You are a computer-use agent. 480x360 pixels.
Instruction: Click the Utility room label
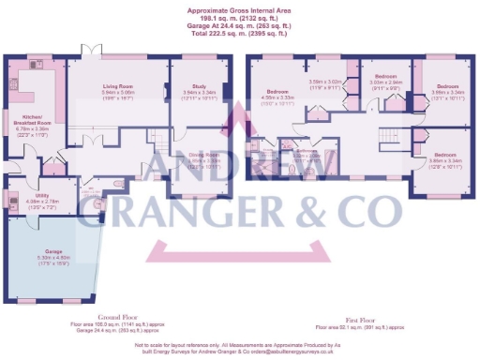pyautogui.click(x=29, y=195)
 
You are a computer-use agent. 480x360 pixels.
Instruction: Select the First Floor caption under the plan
pyautogui.click(x=359, y=318)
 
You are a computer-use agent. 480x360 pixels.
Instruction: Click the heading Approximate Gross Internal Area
pyautogui.click(x=240, y=7)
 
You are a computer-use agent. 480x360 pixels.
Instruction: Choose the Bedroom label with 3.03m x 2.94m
pyautogui.click(x=386, y=75)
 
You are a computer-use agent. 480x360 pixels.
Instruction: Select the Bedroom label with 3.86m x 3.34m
pyautogui.click(x=443, y=154)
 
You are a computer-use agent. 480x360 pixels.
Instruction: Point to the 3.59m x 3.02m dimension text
pyautogui.click(x=326, y=82)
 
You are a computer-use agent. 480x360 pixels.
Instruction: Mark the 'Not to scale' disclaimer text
pyautogui.click(x=240, y=346)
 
